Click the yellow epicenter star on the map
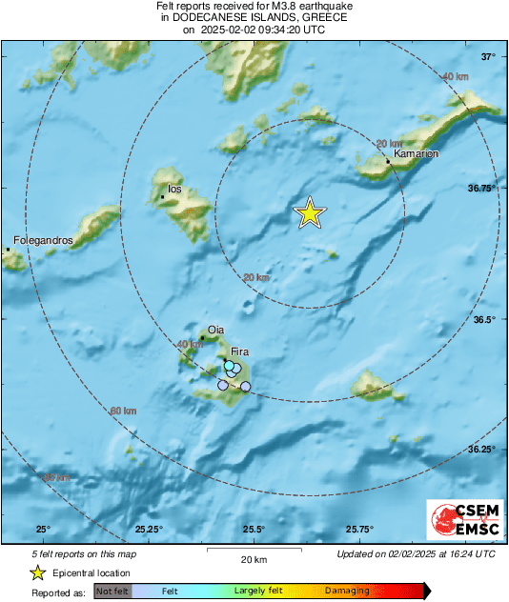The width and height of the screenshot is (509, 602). [x=309, y=213]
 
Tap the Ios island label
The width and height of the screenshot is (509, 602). [x=173, y=189]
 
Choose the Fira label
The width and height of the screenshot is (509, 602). [x=240, y=351]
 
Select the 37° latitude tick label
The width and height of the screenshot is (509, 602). [x=488, y=57]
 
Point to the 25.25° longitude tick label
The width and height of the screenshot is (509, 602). [x=149, y=530]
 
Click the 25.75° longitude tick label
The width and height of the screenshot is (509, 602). [x=359, y=530]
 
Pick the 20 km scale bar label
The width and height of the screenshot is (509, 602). [x=252, y=557]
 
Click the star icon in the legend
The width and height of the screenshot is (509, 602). [x=37, y=572]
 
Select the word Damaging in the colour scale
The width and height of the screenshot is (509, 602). [x=347, y=591]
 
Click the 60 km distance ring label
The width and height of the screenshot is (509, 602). [x=123, y=411]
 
